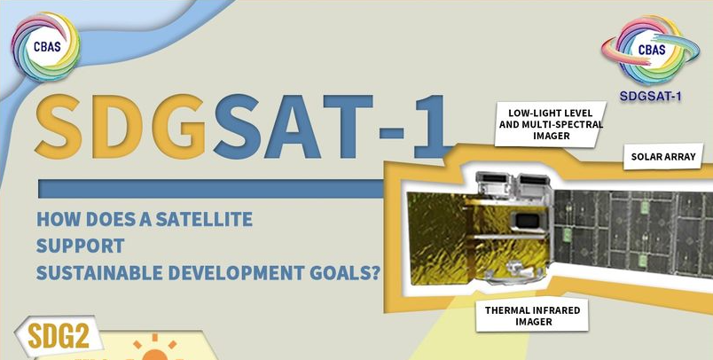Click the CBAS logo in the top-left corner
tap(46, 47)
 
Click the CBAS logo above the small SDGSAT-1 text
tap(650, 50)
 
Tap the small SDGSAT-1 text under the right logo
tap(650, 96)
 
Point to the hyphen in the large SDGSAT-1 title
tap(389, 133)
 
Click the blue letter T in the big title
tap(344, 126)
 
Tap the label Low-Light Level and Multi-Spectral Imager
tap(551, 123)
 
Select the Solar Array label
tap(663, 157)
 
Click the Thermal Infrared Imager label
tap(532, 316)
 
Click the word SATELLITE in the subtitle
tap(204, 220)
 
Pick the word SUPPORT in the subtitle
tap(81, 246)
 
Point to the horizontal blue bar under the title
tap(211, 189)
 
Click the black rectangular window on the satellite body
tap(527, 222)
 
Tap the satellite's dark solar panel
tap(633, 231)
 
